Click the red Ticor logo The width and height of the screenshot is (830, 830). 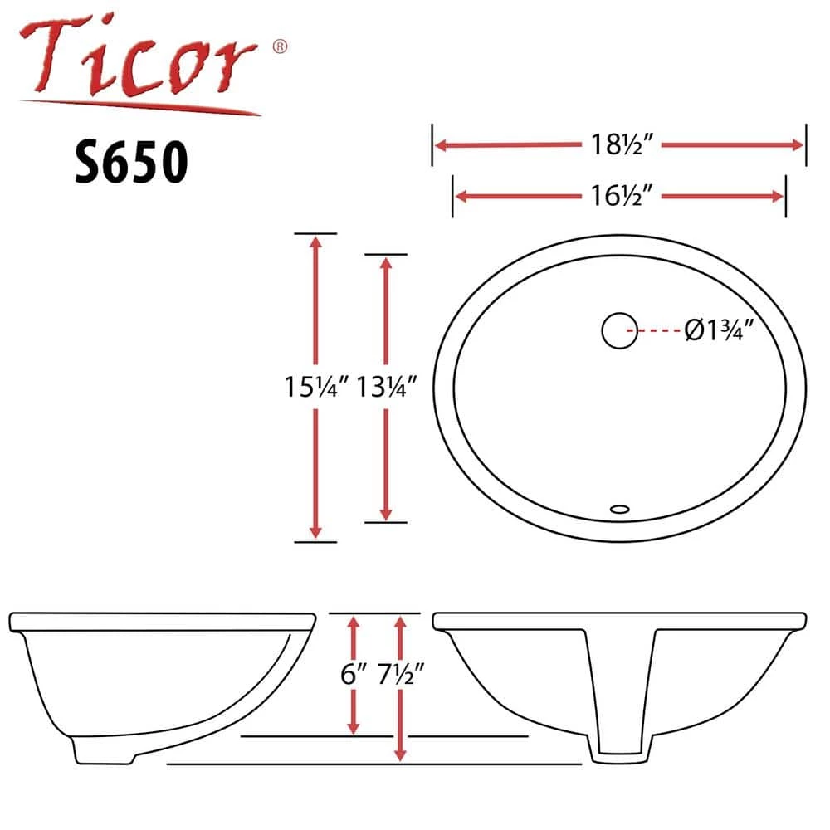pyautogui.click(x=140, y=64)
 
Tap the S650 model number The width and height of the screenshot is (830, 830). pyautogui.click(x=131, y=162)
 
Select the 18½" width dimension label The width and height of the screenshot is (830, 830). pyautogui.click(x=622, y=144)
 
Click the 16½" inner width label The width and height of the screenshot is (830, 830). pyautogui.click(x=622, y=195)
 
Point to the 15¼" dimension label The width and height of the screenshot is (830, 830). pyautogui.click(x=317, y=387)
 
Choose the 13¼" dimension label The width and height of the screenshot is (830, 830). pyautogui.click(x=387, y=387)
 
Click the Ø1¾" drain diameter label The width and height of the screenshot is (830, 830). pyautogui.click(x=719, y=330)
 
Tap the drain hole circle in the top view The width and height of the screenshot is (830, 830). pyautogui.click(x=619, y=331)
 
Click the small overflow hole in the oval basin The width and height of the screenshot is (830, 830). pyautogui.click(x=619, y=510)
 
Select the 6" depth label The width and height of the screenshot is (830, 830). pyautogui.click(x=354, y=674)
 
